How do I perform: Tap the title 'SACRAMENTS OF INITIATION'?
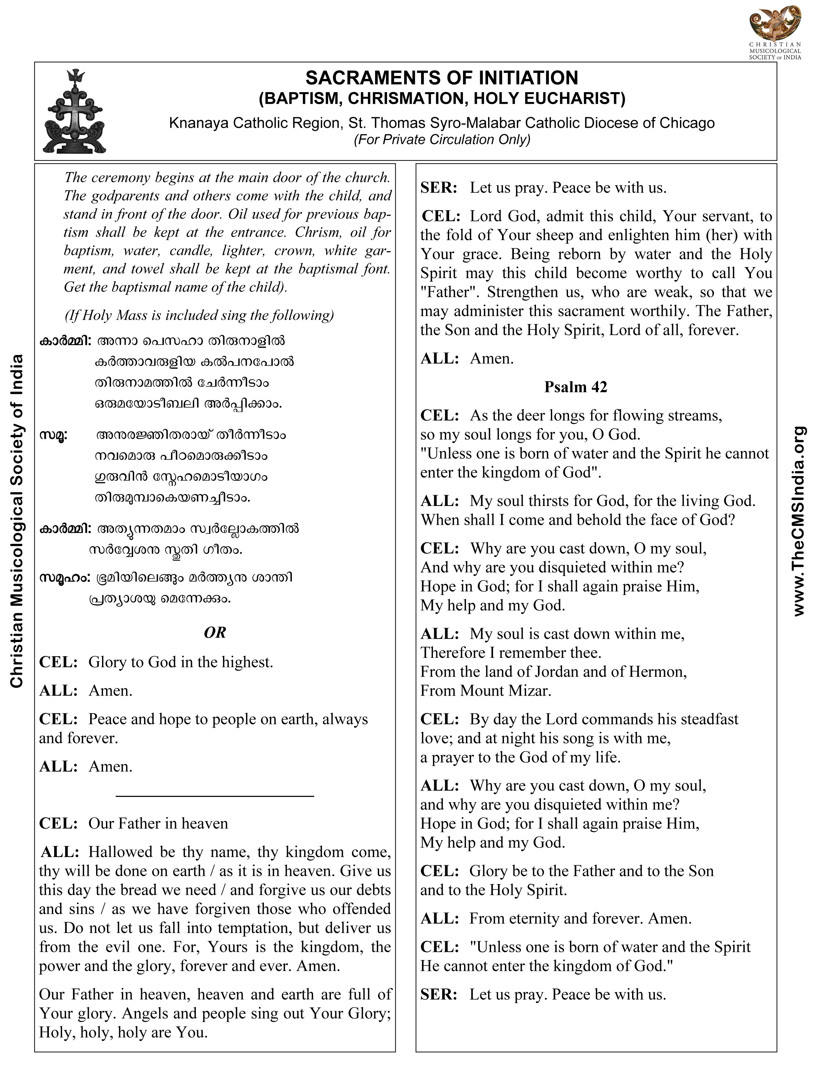tap(442, 78)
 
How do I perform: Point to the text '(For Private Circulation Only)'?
tap(442, 140)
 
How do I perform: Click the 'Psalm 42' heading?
tap(576, 387)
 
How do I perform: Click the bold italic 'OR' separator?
tap(215, 633)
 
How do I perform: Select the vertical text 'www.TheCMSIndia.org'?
tap(799, 522)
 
